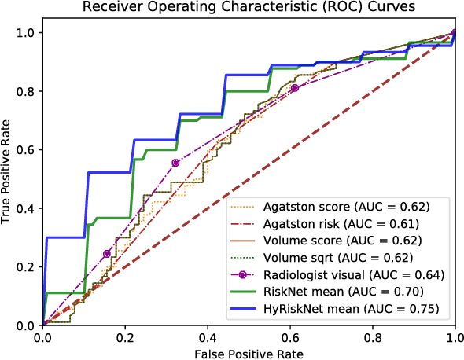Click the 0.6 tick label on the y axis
(x=27, y=149)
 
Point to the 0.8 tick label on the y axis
(x=27, y=91)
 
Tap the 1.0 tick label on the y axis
(x=27, y=33)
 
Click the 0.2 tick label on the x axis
(x=125, y=336)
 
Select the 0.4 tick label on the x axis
(x=208, y=336)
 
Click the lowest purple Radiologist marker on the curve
(x=107, y=254)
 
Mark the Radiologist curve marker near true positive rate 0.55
(x=175, y=163)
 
